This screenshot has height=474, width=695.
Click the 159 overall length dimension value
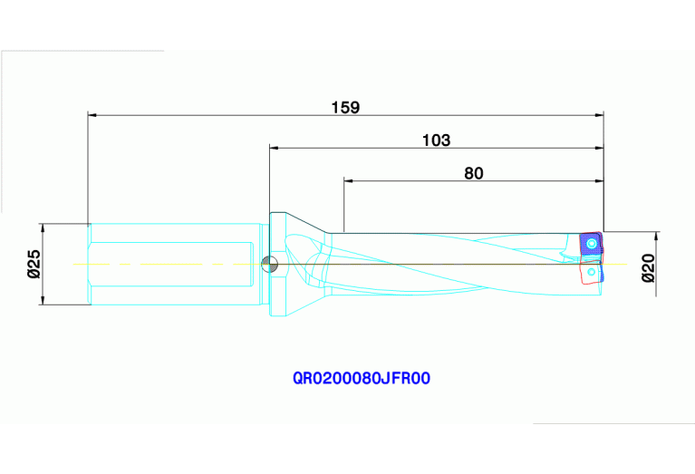(x=345, y=107)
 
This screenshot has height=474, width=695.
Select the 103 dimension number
(x=436, y=140)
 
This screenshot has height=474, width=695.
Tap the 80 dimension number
(x=474, y=173)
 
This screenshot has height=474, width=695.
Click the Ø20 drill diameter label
(x=649, y=268)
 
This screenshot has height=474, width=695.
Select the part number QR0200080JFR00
(x=361, y=379)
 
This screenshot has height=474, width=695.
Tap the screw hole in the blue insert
(x=592, y=244)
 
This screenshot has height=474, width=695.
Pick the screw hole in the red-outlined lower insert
(x=592, y=271)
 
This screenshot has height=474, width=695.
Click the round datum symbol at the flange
(x=268, y=265)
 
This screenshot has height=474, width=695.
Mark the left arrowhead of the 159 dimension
(x=92, y=115)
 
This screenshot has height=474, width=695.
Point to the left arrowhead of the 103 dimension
(x=273, y=148)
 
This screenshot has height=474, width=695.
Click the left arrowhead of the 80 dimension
(x=349, y=180)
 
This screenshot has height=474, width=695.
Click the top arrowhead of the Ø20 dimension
(x=656, y=236)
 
